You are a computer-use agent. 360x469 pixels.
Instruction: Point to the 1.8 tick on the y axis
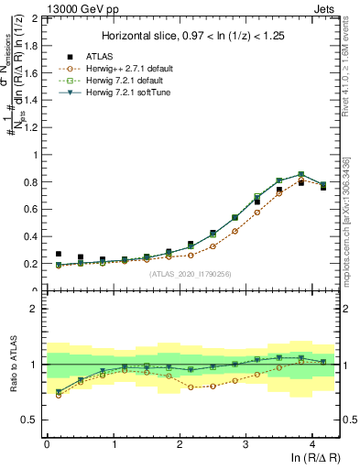coord(30,46)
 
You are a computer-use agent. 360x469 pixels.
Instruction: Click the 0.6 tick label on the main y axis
coord(30,209)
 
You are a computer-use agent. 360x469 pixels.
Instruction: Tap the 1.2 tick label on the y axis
coord(30,127)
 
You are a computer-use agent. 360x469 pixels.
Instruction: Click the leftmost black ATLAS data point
coord(59,254)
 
